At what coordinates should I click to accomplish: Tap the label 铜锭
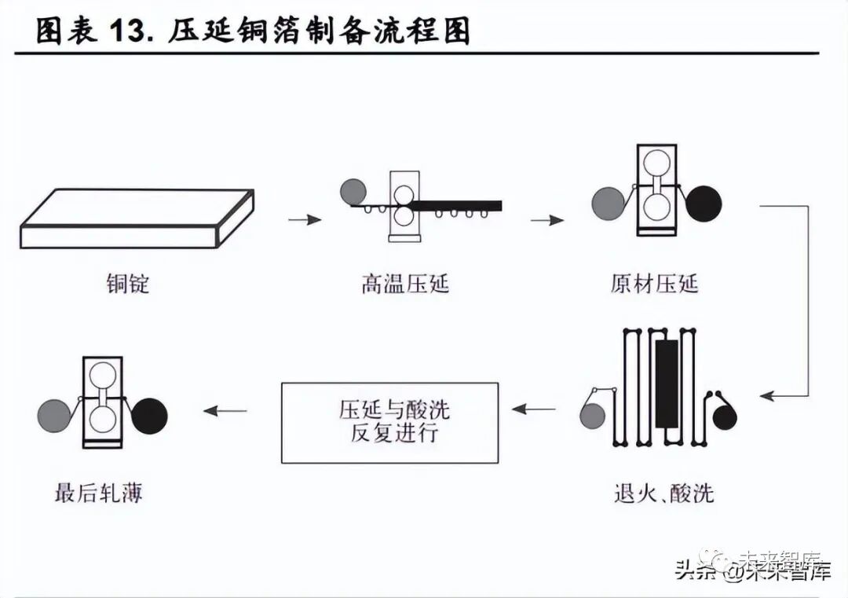(x=128, y=283)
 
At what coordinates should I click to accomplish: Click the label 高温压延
(x=405, y=283)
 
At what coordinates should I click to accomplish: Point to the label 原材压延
(x=654, y=283)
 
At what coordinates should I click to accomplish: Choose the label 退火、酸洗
(x=663, y=493)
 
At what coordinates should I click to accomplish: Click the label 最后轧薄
(x=99, y=493)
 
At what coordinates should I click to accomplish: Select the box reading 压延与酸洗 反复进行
(x=389, y=422)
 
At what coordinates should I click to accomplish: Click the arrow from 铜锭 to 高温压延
(x=305, y=220)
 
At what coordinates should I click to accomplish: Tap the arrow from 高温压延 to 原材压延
(x=547, y=220)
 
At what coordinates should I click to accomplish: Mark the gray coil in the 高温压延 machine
(x=353, y=191)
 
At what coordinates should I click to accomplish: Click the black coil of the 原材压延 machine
(x=703, y=203)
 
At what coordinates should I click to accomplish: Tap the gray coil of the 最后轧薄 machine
(x=54, y=416)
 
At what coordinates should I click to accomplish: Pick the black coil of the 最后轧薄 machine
(x=150, y=416)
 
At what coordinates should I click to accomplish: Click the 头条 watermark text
(x=694, y=571)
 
